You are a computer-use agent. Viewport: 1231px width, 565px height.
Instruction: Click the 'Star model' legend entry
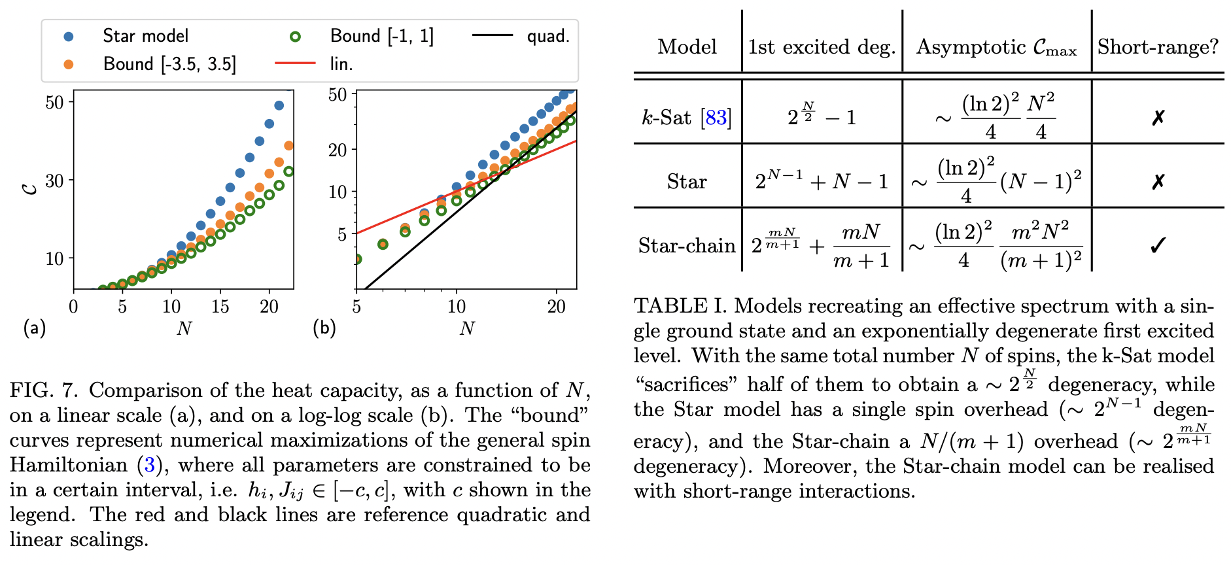pos(145,35)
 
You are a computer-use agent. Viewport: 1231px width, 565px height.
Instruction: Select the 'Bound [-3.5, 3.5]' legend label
pos(169,64)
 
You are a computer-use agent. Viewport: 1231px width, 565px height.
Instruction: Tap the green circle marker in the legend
pos(295,37)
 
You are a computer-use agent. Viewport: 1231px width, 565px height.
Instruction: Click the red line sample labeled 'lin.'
pos(295,63)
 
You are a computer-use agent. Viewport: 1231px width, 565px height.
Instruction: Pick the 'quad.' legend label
pos(548,36)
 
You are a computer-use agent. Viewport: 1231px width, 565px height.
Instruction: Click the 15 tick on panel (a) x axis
pos(220,306)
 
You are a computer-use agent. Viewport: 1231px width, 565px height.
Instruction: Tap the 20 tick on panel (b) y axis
pos(338,150)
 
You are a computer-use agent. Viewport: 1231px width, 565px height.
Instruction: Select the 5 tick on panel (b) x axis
pos(356,306)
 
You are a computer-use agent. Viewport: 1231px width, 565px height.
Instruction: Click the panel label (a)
pos(34,328)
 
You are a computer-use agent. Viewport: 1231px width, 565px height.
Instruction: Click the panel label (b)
pos(324,328)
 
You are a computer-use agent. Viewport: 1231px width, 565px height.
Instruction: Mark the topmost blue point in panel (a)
pos(279,105)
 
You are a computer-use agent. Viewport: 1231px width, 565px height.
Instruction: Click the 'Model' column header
pos(687,47)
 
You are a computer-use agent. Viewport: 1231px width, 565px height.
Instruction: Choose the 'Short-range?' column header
pos(1158,47)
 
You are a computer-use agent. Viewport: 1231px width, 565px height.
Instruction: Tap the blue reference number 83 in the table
pos(716,118)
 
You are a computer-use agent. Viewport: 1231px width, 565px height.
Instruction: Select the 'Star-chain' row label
pos(687,246)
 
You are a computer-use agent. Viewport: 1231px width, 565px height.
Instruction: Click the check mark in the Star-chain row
pos(1158,246)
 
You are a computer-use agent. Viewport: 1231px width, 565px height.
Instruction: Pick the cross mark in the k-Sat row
pos(1158,118)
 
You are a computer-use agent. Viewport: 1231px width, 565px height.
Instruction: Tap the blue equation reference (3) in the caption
pos(150,466)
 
